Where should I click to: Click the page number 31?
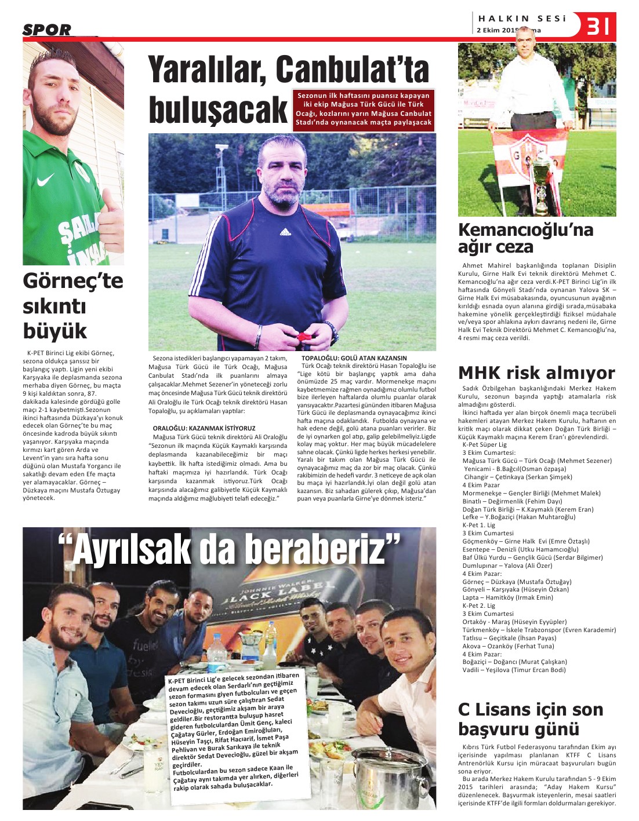point(598,26)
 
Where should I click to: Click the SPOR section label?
point(48,30)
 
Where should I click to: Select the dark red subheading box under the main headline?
point(364,109)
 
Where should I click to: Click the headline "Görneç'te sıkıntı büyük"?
point(73,305)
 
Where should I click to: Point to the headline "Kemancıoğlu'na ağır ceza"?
point(525,238)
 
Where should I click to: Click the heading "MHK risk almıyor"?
point(536,373)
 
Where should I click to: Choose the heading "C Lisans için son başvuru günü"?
point(531,719)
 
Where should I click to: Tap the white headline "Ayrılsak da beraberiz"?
point(230,549)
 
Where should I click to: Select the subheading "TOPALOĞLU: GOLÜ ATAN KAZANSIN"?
point(354,358)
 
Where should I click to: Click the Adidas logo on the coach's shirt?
point(285,232)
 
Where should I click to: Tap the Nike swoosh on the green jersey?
point(45,181)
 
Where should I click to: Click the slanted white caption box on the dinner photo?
point(234,732)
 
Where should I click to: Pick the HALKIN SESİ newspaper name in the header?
point(522,19)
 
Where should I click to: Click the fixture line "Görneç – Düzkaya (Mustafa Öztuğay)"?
point(517,582)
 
